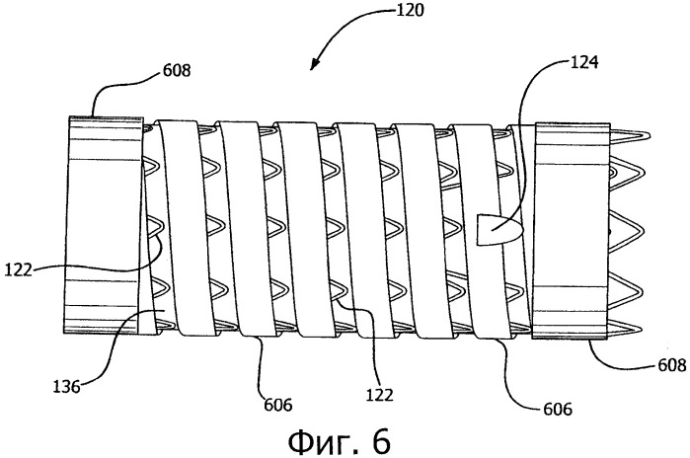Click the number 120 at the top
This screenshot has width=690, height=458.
coord(411,10)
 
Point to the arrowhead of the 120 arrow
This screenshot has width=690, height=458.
coord(314,65)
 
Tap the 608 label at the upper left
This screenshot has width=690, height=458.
coord(177,70)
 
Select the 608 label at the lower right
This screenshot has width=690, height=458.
coord(672,365)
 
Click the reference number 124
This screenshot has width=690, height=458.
coord(584,62)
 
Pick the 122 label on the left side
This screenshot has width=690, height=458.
coord(19,269)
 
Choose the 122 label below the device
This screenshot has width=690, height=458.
coord(380,395)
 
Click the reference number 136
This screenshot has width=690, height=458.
coord(67,387)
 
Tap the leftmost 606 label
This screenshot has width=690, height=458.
coord(278,404)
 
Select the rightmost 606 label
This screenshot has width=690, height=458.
coord(558,410)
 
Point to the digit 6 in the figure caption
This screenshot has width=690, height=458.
coord(381,441)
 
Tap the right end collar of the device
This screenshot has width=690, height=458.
coord(572,231)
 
